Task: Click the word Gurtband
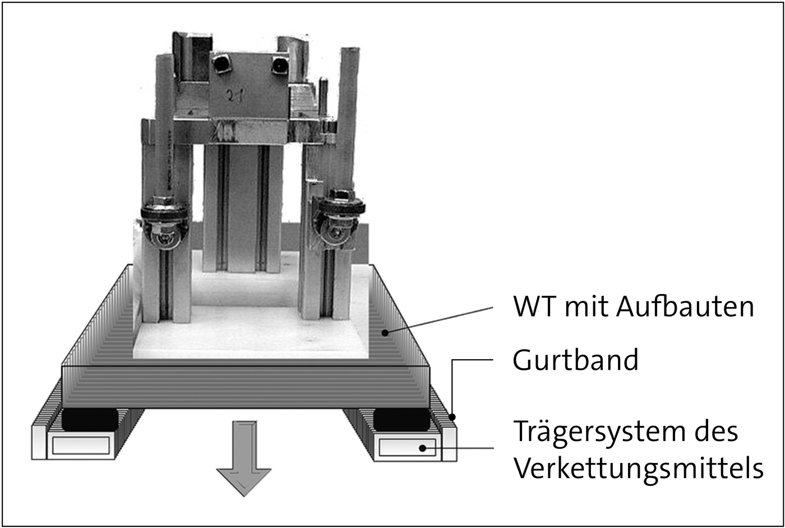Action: click(x=575, y=360)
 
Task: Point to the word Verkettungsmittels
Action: click(x=638, y=469)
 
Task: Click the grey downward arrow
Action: click(x=243, y=458)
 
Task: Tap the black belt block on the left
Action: click(x=90, y=419)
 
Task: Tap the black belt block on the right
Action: click(x=401, y=419)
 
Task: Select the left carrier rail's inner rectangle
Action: click(x=81, y=446)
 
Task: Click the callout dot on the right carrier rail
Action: click(x=423, y=448)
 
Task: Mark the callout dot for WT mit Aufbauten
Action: click(x=385, y=333)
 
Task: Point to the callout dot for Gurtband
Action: click(x=452, y=417)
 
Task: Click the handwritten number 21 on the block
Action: click(x=235, y=95)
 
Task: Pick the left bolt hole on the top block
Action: click(x=222, y=63)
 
